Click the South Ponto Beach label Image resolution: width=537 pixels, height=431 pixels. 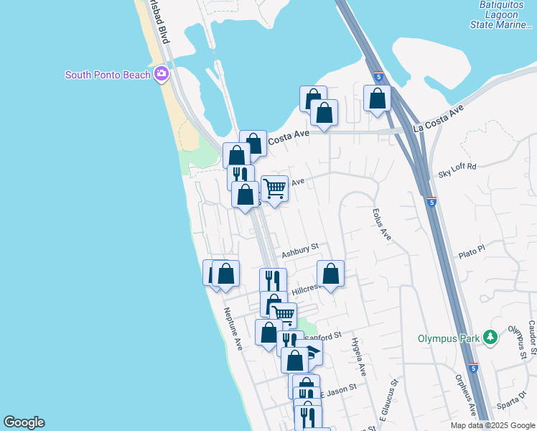[x=108, y=75]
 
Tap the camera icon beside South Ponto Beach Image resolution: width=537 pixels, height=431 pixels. [x=162, y=74]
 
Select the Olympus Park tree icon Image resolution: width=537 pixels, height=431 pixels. [x=490, y=336]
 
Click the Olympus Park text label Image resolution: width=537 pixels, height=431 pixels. [x=451, y=338]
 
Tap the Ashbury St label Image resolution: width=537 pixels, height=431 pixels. [x=299, y=251]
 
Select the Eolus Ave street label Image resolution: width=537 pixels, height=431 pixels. [x=381, y=224]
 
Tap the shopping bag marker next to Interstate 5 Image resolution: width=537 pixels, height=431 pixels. [x=377, y=98]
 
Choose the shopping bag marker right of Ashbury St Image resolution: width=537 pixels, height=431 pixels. [x=330, y=274]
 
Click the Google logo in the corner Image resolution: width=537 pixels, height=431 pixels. [x=24, y=422]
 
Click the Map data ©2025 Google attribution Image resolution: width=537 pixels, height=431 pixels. [x=492, y=425]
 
